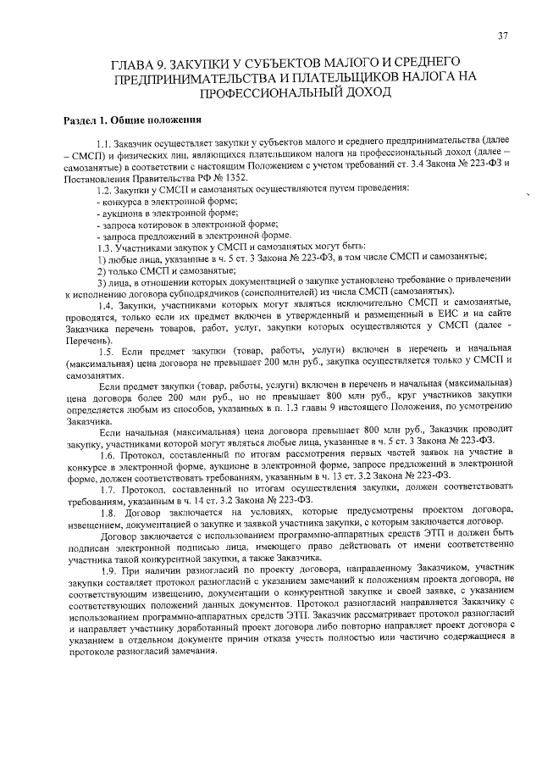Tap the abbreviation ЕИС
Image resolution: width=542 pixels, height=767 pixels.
(424, 314)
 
